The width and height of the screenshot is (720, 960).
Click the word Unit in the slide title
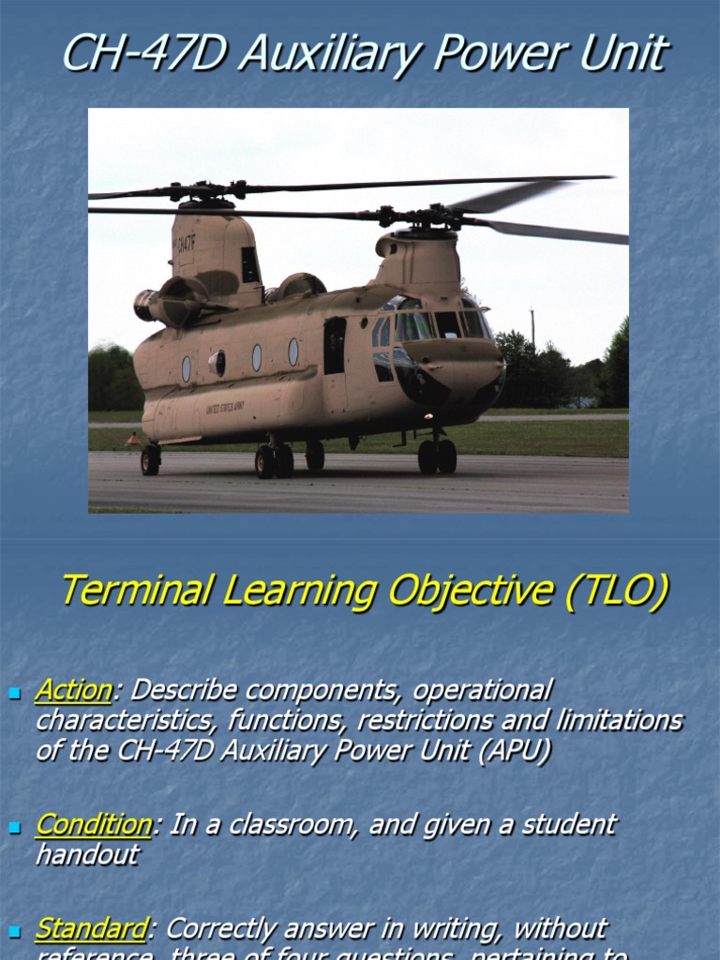pyautogui.click(x=623, y=53)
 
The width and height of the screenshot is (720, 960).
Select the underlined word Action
pyautogui.click(x=73, y=690)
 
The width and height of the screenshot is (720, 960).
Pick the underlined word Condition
pyautogui.click(x=93, y=825)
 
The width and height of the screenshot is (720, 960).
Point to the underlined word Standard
pyautogui.click(x=90, y=929)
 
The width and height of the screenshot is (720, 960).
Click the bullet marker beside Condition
pyautogui.click(x=14, y=828)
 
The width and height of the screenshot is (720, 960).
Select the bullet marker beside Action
pyautogui.click(x=14, y=693)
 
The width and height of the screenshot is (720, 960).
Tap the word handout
pyautogui.click(x=87, y=854)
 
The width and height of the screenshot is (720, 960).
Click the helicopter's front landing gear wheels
pyautogui.click(x=437, y=457)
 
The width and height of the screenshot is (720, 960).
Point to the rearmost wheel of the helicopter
pyautogui.click(x=150, y=460)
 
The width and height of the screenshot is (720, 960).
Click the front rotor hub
pyautogui.click(x=432, y=217)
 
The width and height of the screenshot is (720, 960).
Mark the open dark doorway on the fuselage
pyautogui.click(x=334, y=345)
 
